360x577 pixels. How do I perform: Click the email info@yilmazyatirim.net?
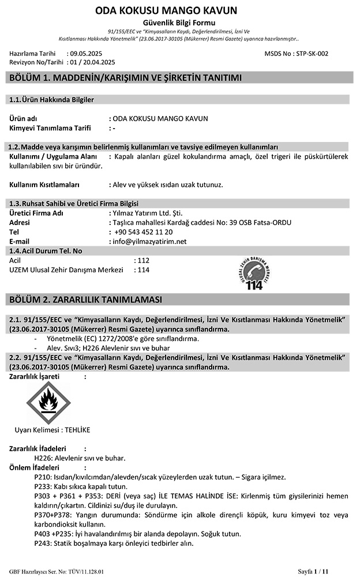point(151,241)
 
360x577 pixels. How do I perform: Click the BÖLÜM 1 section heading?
point(122,78)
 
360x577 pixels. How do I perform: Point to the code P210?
point(43,477)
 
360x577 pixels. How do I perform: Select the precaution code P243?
point(43,543)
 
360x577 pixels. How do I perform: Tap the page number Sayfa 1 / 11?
point(313,571)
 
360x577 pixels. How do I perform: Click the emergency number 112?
point(144,260)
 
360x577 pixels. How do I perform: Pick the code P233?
point(43,486)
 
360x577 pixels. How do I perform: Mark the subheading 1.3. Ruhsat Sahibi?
point(40,203)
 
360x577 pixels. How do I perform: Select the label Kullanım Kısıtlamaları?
point(44,185)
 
